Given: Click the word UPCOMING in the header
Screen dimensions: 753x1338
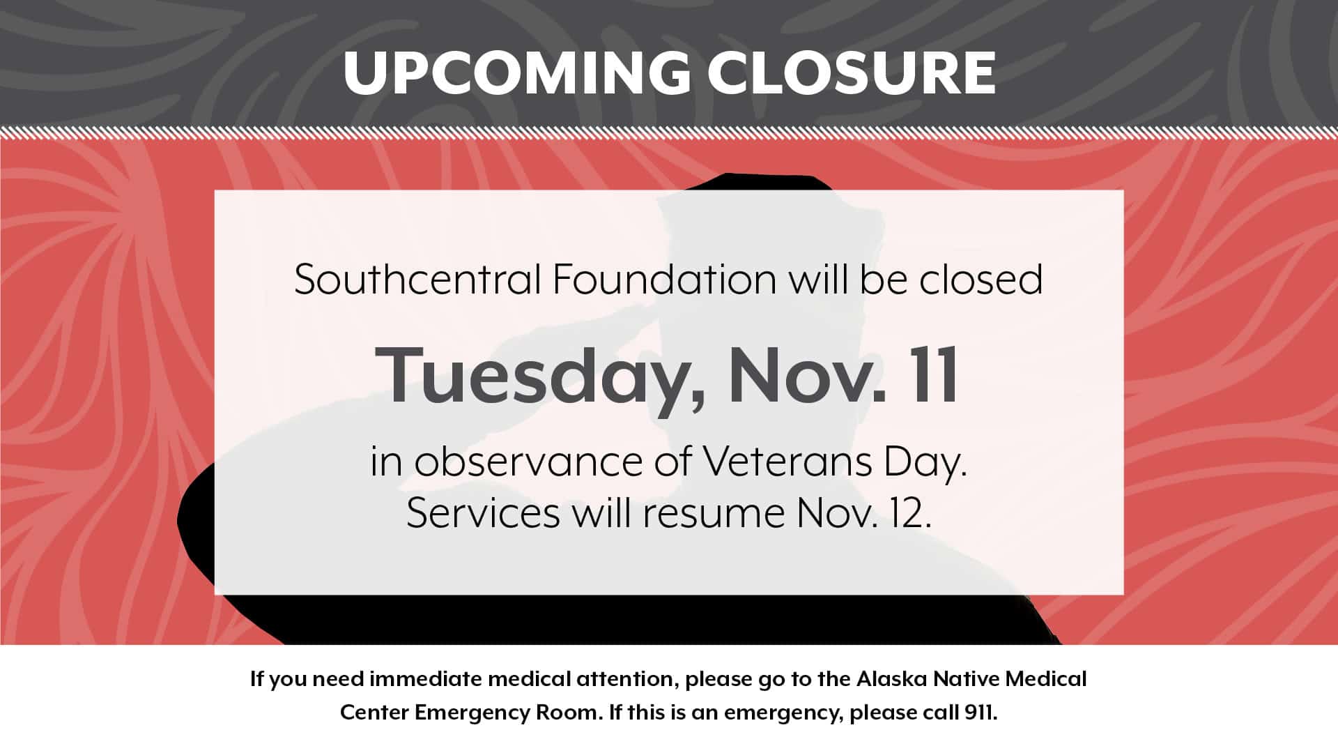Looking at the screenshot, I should click(x=517, y=72).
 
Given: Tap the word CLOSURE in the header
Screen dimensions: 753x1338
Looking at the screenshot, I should click(x=852, y=72).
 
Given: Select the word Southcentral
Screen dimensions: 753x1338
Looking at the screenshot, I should click(x=417, y=280).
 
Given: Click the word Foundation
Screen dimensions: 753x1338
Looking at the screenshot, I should click(x=664, y=280).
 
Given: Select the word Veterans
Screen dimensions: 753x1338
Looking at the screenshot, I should click(x=786, y=462).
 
